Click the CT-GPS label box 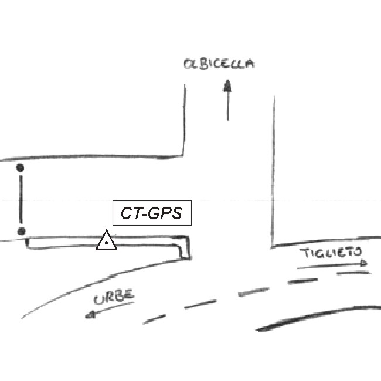152,213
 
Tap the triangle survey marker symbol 106,241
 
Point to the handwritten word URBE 114,297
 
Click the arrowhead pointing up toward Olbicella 227,86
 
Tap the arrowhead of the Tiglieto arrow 365,263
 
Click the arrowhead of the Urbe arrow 90,315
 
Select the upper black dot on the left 21,168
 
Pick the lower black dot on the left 21,232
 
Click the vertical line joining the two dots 21,199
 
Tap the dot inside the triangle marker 106,243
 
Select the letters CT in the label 130,213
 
